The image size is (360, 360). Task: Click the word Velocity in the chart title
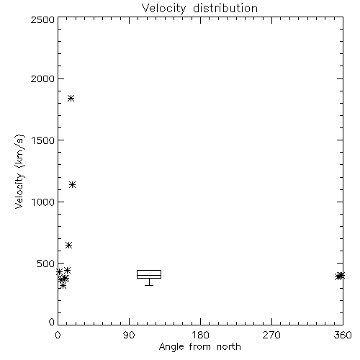(x=164, y=9)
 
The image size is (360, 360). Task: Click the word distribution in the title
(x=225, y=8)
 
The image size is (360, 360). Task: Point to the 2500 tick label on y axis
(x=42, y=19)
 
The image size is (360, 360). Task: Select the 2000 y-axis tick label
(x=42, y=78)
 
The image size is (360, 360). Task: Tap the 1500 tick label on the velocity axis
(x=43, y=140)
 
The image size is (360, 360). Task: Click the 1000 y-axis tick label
(x=43, y=202)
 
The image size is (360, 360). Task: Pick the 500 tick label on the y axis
(x=46, y=264)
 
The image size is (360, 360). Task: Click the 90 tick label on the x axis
(x=129, y=335)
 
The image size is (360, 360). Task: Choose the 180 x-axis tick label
(x=200, y=335)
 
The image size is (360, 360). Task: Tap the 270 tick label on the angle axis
(x=271, y=335)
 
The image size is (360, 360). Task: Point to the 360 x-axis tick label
(x=343, y=335)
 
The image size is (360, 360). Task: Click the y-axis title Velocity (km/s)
(x=19, y=171)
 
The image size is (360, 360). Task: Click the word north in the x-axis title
(x=229, y=347)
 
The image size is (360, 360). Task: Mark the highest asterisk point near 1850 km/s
(x=71, y=98)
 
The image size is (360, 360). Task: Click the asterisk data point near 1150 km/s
(x=73, y=185)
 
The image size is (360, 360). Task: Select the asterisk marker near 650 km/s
(x=69, y=246)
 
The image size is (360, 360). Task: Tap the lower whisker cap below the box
(x=149, y=285)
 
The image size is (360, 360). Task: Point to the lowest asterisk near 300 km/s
(x=63, y=285)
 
